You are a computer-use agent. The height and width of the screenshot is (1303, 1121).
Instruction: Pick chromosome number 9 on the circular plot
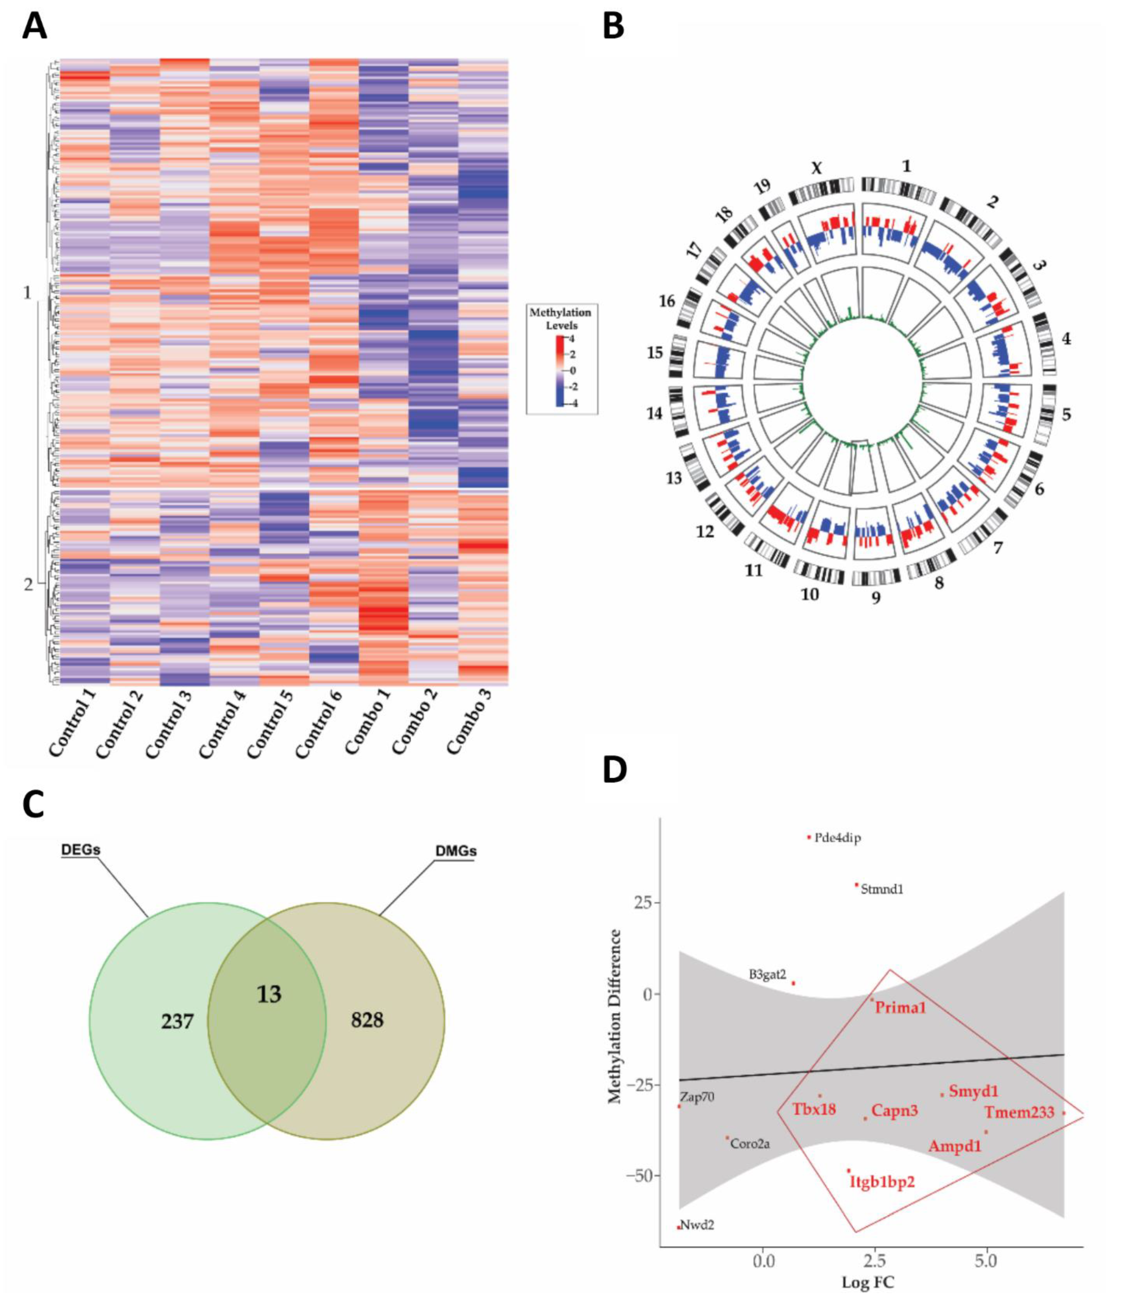(x=876, y=597)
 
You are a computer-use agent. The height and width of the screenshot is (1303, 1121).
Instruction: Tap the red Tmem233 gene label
(x=1019, y=1112)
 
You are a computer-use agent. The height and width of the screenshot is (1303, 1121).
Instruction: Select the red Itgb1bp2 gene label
(x=882, y=1182)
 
